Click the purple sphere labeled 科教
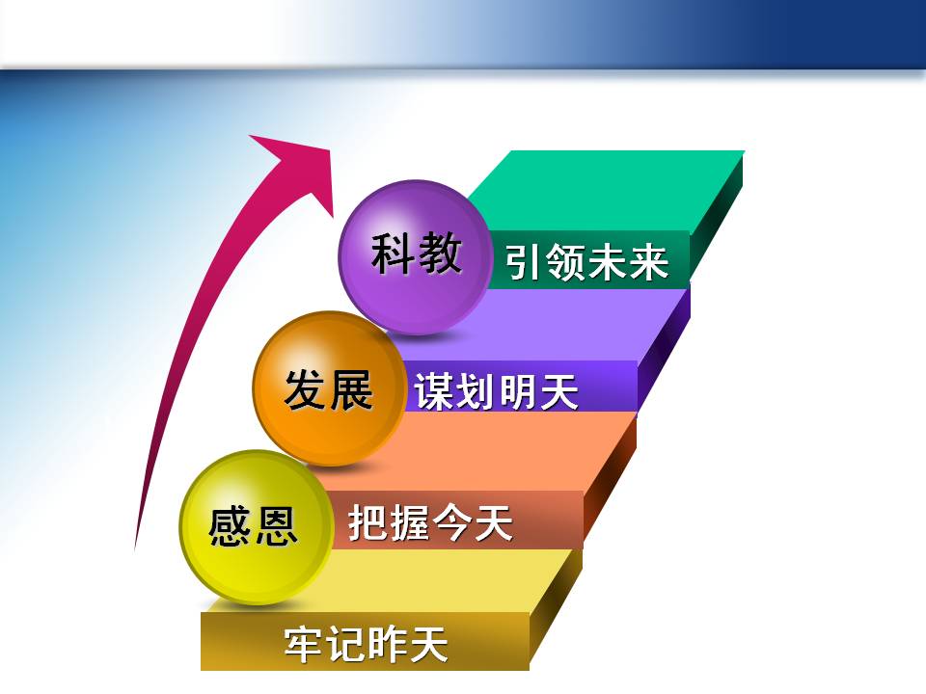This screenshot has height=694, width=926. (x=415, y=257)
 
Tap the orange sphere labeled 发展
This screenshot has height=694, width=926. (x=330, y=388)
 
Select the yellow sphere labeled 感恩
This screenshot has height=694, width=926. (x=256, y=527)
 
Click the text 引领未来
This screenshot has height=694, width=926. (x=586, y=262)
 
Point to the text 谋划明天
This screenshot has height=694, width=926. (x=496, y=391)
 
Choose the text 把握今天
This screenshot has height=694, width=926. (x=430, y=522)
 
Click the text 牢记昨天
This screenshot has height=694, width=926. (x=366, y=644)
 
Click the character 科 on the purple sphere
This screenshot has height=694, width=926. (x=393, y=254)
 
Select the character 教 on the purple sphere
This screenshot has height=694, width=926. (x=440, y=254)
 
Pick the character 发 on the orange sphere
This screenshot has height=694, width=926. (x=306, y=388)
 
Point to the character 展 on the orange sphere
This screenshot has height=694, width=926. (x=352, y=388)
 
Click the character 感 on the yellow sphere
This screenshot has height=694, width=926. (x=231, y=526)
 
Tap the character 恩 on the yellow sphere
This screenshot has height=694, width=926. (x=277, y=526)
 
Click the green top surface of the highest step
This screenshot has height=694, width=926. (x=602, y=191)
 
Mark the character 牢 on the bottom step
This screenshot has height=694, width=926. (x=305, y=644)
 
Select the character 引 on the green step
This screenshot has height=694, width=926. (x=525, y=262)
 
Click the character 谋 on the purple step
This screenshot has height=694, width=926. (x=434, y=391)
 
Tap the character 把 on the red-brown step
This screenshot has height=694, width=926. (x=368, y=522)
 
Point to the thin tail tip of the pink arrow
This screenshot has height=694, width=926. (x=136, y=548)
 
